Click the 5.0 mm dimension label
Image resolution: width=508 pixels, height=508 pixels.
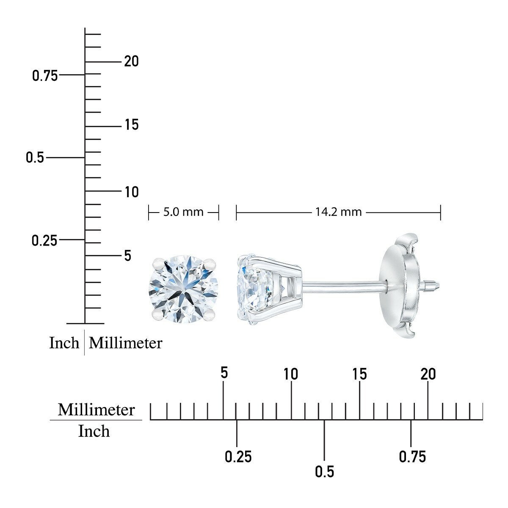[x=183, y=212]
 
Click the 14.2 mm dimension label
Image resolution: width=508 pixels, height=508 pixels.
[x=339, y=212]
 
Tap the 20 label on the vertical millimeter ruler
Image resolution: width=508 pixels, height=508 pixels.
[x=131, y=61]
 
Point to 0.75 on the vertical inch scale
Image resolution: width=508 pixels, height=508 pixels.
[x=45, y=76]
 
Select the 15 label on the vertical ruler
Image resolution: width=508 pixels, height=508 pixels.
[x=132, y=124]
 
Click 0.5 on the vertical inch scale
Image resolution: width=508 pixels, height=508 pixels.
[x=35, y=157]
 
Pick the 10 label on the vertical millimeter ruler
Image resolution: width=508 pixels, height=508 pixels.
[x=132, y=192]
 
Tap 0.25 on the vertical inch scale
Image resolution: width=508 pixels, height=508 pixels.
[x=44, y=240]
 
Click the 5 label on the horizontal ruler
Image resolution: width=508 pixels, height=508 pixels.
[x=224, y=373]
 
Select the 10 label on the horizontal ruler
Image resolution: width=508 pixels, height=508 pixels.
[x=291, y=374]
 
